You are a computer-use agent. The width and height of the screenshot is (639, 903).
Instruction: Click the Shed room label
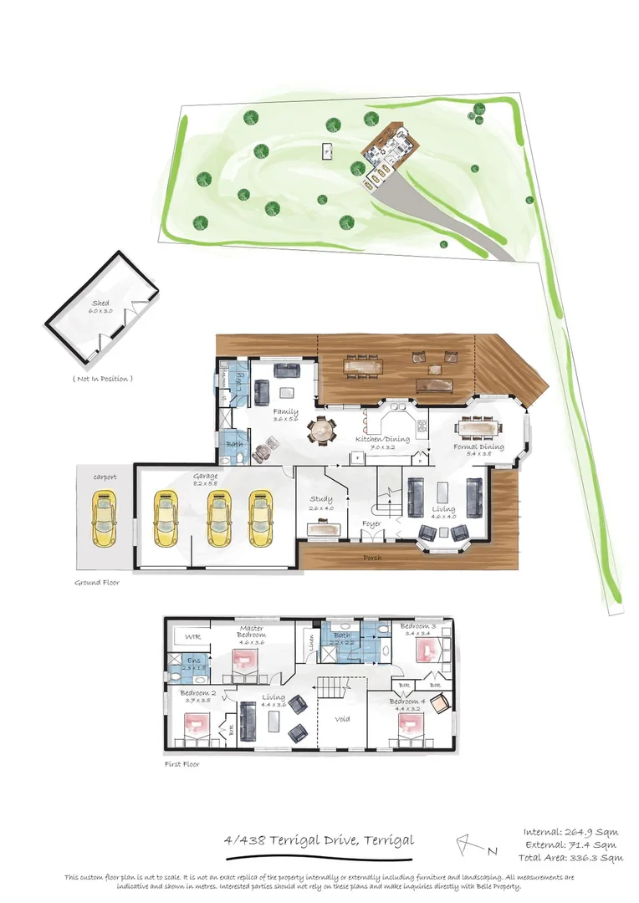pyautogui.click(x=100, y=305)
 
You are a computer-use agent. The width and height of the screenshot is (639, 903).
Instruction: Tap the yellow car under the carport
pyautogui.click(x=105, y=519)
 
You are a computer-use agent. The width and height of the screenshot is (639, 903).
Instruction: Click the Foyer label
pyautogui.click(x=371, y=524)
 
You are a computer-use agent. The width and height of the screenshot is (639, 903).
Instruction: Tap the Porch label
pyautogui.click(x=372, y=557)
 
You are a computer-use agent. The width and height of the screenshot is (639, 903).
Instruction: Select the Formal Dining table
pyautogui.click(x=479, y=427)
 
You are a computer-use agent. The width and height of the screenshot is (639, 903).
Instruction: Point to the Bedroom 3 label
pyautogui.click(x=417, y=626)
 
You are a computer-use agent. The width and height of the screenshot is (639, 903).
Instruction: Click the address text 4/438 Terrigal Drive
pyautogui.click(x=319, y=840)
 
